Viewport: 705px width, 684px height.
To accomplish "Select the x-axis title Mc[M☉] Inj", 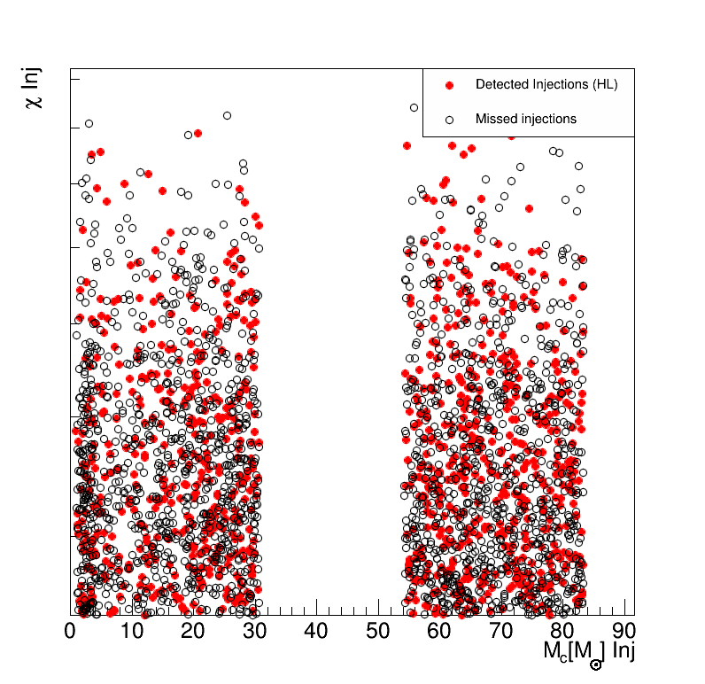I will point(589,653).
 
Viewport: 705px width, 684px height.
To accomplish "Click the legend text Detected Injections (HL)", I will point(546,85).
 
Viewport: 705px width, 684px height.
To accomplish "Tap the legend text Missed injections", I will point(526,119).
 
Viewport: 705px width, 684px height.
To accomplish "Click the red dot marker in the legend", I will point(449,85).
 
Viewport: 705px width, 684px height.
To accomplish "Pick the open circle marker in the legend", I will point(449,119).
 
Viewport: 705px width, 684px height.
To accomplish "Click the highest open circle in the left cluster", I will point(227,115).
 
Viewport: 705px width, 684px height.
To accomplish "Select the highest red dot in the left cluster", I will point(198,133).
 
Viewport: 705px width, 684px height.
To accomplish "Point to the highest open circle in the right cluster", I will point(414,107).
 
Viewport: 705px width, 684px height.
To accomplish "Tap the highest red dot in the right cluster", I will point(407,145).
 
